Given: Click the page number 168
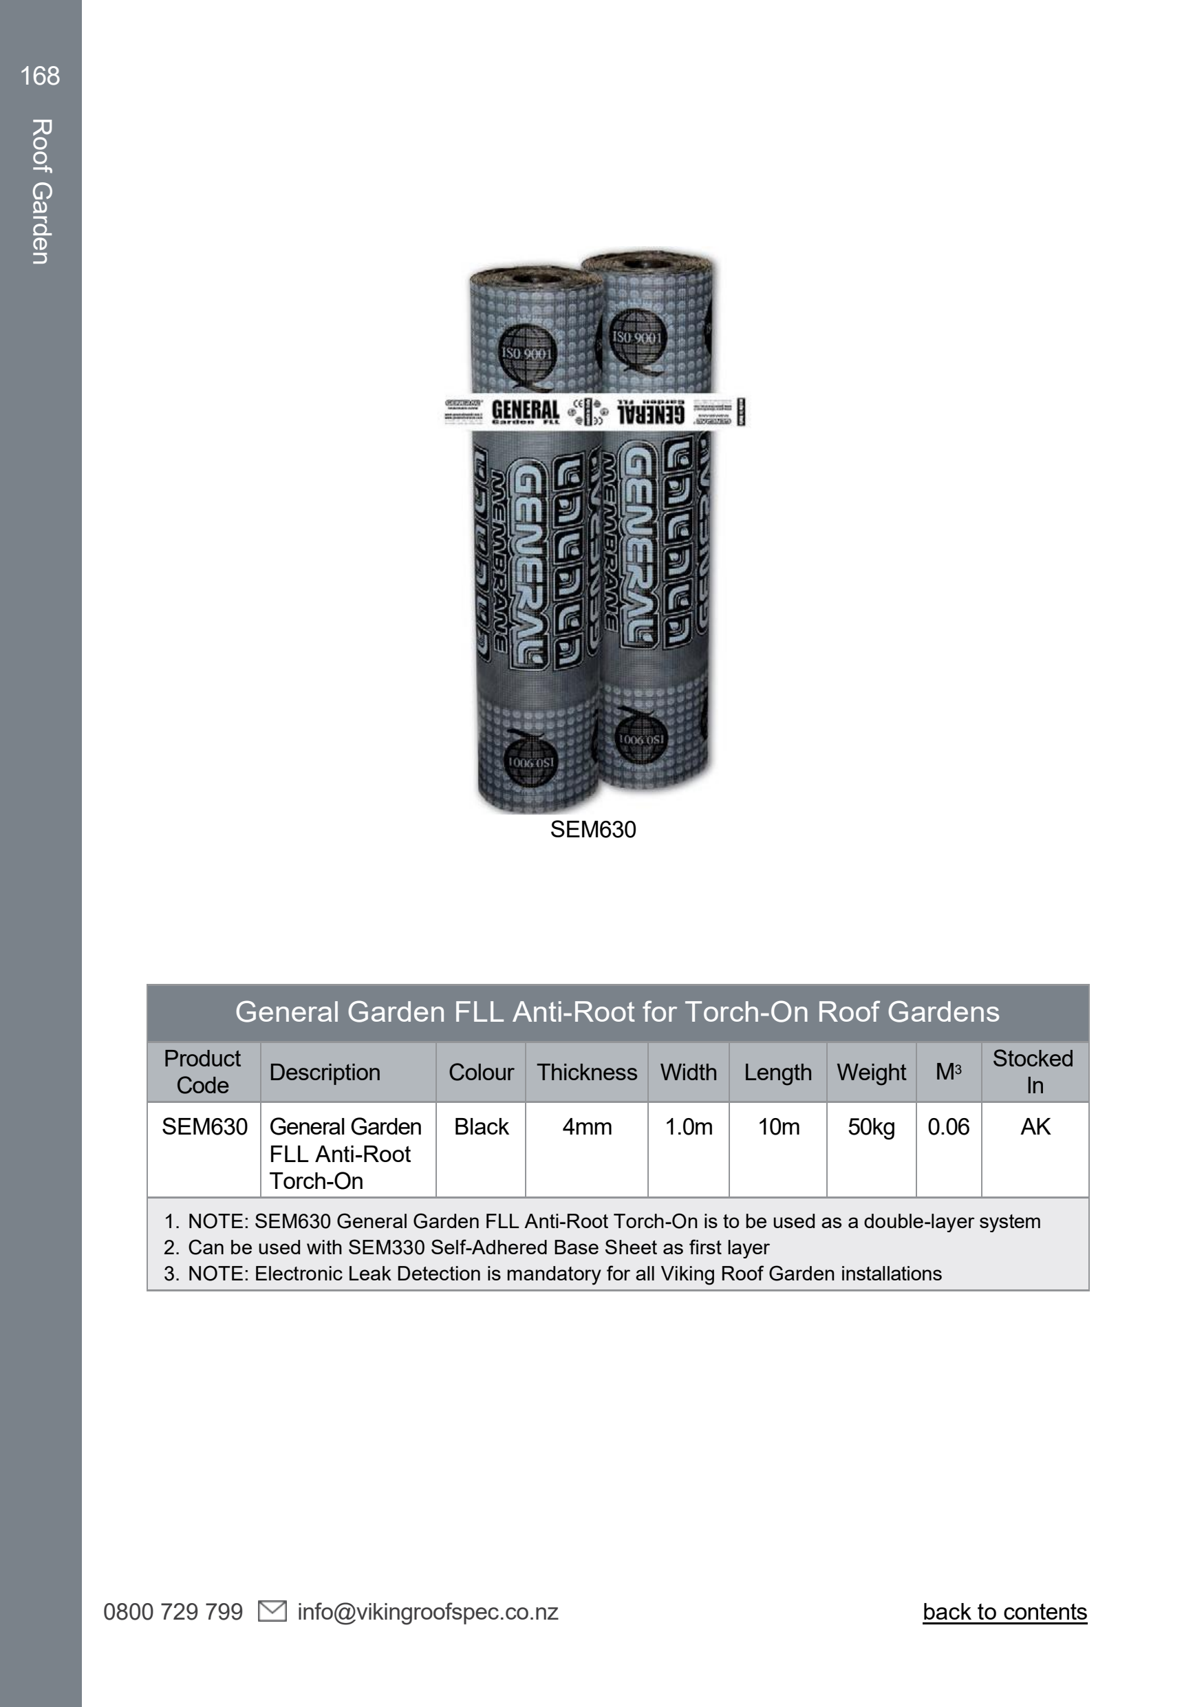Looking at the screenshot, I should [x=40, y=76].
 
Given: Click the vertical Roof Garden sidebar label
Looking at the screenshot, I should [x=41, y=191].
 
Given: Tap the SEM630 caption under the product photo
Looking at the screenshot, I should [x=592, y=829].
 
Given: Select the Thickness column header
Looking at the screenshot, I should [x=586, y=1072].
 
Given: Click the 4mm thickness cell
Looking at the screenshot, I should [x=586, y=1126].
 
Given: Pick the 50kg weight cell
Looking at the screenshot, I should [x=871, y=1126].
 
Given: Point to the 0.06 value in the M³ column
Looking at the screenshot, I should [x=947, y=1126].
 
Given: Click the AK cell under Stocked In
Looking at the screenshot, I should [x=1035, y=1126].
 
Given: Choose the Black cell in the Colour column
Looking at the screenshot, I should [x=481, y=1126].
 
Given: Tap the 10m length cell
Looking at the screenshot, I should [x=778, y=1126].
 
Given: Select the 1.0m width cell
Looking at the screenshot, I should [x=688, y=1126].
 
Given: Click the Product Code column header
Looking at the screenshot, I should [x=203, y=1071].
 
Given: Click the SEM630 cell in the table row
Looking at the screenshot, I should [x=204, y=1126].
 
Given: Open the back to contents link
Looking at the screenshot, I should [x=1004, y=1612].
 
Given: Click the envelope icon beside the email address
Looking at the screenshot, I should [x=272, y=1611].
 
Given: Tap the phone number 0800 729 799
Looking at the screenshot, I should [x=173, y=1612].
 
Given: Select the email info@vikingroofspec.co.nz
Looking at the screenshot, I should [x=427, y=1612].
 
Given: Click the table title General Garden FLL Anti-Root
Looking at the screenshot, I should [x=617, y=1012].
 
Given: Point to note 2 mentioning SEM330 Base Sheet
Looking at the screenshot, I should [x=477, y=1247].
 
